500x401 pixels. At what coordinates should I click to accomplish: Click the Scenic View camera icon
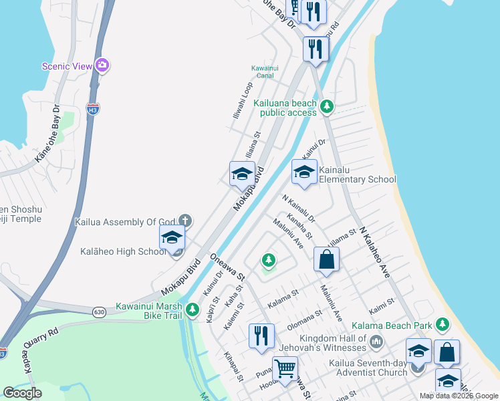102,65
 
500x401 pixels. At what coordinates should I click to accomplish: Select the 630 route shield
99,311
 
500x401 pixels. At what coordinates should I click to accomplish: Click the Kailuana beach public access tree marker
326,106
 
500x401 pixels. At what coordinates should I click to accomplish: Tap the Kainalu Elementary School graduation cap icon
304,172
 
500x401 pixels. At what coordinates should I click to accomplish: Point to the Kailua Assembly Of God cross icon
184,221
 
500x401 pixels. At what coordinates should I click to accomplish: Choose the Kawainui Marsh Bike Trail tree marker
193,309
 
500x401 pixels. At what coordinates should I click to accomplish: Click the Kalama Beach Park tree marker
441,325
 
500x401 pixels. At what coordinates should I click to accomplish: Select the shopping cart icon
285,368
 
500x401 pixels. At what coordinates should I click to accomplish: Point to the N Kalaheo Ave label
374,251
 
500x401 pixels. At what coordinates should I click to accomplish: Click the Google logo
23,393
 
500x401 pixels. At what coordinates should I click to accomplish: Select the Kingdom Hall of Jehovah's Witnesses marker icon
376,343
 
